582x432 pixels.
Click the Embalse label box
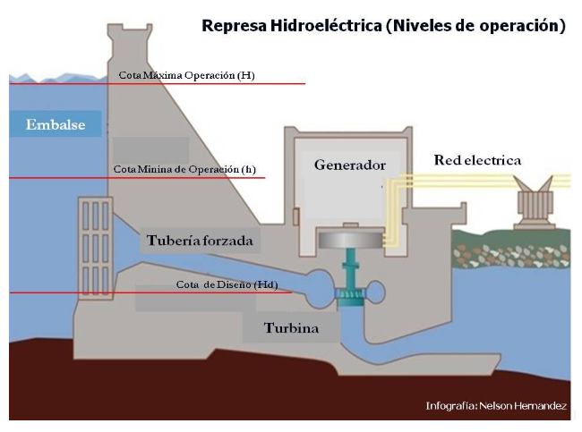click(x=56, y=124)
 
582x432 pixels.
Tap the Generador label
click(x=349, y=165)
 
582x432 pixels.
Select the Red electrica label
click(x=477, y=161)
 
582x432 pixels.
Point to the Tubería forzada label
click(x=201, y=240)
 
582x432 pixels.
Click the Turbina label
click(x=291, y=328)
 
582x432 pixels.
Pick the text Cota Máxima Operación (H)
click(x=186, y=76)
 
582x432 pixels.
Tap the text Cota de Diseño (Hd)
click(x=227, y=284)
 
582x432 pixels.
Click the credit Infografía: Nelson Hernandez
click(x=496, y=406)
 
